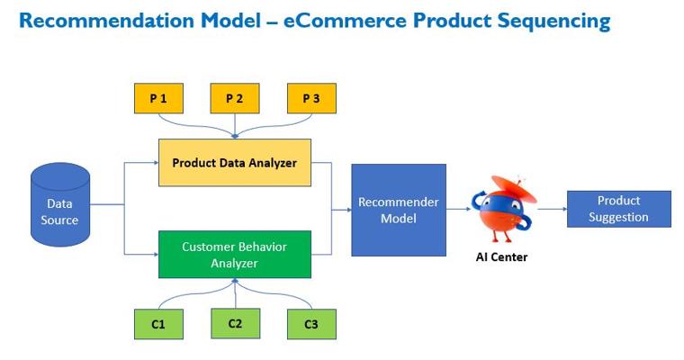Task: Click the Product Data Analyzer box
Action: point(235,163)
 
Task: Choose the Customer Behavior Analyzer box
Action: point(234,255)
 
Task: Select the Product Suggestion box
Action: point(618,209)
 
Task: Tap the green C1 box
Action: point(157,324)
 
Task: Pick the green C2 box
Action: point(235,322)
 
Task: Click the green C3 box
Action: point(311,324)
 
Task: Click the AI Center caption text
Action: point(501,257)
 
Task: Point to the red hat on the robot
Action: point(517,188)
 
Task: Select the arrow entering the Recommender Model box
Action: point(344,210)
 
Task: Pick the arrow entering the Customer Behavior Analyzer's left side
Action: point(151,255)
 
